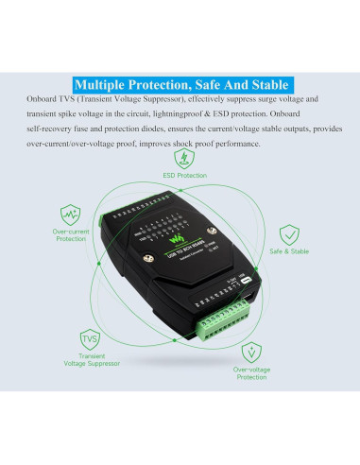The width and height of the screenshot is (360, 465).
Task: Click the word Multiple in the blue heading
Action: [x=105, y=83]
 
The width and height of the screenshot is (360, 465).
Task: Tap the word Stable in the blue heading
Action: [x=264, y=83]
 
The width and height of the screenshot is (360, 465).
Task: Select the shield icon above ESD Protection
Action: [x=184, y=160]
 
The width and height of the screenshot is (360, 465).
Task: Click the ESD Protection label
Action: [x=184, y=176]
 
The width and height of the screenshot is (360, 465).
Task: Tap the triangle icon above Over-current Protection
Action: [x=70, y=214]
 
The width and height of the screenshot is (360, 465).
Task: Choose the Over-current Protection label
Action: [x=70, y=234]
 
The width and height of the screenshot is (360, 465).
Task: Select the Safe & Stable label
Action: [x=289, y=252]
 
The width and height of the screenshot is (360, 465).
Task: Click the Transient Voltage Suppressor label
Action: [x=90, y=360]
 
